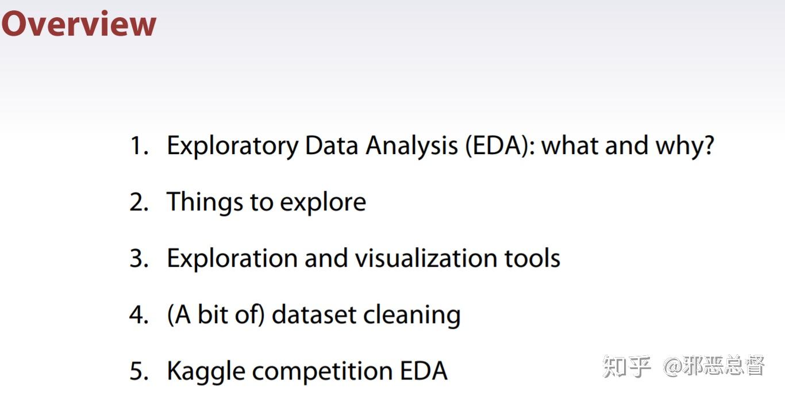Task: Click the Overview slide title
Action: tap(79, 24)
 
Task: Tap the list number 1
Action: tap(138, 146)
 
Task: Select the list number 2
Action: tap(138, 202)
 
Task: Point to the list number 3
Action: tap(138, 259)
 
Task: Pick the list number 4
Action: tap(138, 315)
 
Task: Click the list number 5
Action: tap(138, 371)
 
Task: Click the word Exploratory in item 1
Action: tap(232, 146)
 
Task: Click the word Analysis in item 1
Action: tap(411, 146)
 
